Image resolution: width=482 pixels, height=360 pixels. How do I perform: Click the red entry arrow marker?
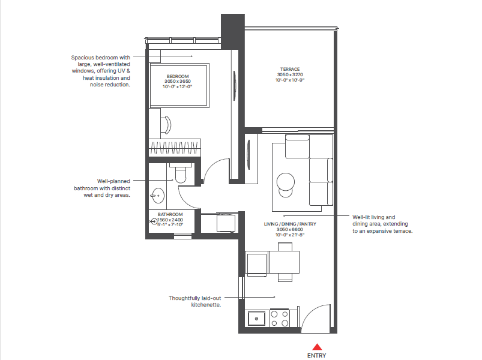(x=318, y=346)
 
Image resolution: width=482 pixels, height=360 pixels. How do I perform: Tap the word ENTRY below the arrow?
(x=318, y=355)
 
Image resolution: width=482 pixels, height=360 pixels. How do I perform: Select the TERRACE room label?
(x=290, y=69)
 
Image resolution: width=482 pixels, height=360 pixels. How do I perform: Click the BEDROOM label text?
(x=178, y=76)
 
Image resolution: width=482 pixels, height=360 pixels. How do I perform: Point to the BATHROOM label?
(x=170, y=214)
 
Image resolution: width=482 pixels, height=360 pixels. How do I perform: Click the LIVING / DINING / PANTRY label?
(x=290, y=224)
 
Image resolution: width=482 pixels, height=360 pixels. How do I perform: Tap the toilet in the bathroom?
(x=179, y=174)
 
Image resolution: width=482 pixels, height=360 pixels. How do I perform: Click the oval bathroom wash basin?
(x=158, y=196)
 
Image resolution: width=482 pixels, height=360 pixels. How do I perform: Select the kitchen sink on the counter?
(x=256, y=318)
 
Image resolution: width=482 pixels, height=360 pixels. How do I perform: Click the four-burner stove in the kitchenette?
(x=280, y=318)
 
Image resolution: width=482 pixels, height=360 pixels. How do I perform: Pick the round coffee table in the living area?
(x=285, y=181)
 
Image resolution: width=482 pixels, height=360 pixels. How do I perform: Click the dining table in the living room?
(x=285, y=262)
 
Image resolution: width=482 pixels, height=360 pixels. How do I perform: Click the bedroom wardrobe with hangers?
(x=174, y=148)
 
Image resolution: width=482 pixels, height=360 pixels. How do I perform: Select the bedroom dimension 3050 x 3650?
(x=178, y=82)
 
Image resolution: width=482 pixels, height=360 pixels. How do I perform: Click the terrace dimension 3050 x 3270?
(x=290, y=74)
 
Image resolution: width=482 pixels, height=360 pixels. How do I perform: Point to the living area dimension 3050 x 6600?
(x=290, y=229)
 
